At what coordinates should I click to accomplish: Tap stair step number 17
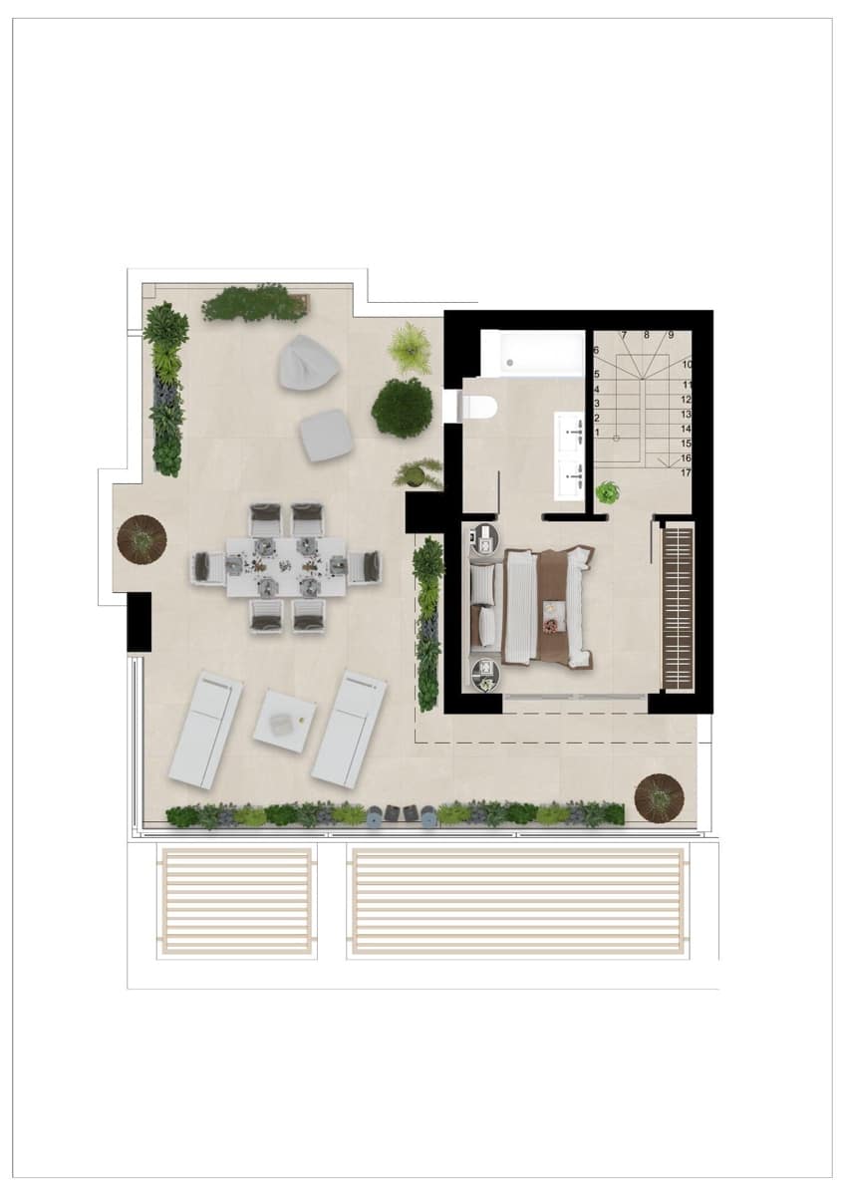[687, 473]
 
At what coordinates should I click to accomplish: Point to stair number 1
[597, 433]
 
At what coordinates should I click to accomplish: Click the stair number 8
[646, 336]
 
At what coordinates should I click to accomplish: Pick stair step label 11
[688, 385]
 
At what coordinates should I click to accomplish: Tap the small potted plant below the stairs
[607, 492]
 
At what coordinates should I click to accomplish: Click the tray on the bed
[551, 625]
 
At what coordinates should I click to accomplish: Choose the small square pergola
[236, 901]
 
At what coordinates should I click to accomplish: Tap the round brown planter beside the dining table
[142, 539]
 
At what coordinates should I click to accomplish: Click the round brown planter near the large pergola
[659, 796]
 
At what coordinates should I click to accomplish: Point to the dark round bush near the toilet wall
[403, 407]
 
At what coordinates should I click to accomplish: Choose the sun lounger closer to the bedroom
[349, 728]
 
